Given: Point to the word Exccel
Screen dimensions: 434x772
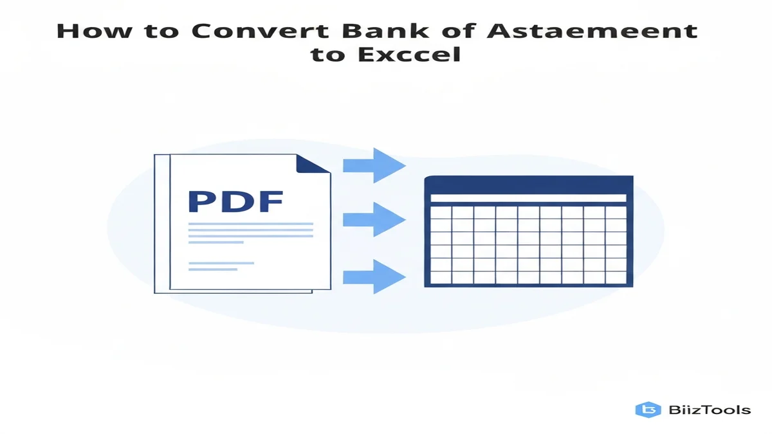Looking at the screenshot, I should point(418,54).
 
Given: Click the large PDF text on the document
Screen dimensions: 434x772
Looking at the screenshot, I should point(235,201).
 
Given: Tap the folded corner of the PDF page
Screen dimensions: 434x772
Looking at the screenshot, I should point(314,164).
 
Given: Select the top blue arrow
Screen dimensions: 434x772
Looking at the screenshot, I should point(374,165).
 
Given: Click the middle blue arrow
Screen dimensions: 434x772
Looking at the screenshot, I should point(374,220).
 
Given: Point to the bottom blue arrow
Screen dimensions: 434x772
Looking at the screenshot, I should point(374,277).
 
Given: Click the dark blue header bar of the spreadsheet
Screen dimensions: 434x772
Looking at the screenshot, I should point(528,185).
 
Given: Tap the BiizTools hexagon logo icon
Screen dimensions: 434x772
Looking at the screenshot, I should point(648,410).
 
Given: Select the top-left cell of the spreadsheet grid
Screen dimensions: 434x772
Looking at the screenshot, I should point(440,212).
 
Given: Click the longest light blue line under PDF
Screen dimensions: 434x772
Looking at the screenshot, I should point(250,224).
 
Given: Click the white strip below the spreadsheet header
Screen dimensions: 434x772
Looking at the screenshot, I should point(528,198).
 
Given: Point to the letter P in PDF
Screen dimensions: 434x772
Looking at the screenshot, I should point(202,201).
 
